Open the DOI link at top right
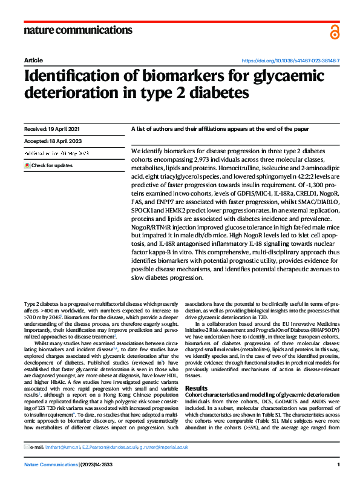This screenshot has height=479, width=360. click(x=290, y=61)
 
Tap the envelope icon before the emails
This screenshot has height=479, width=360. click(x=26, y=447)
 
